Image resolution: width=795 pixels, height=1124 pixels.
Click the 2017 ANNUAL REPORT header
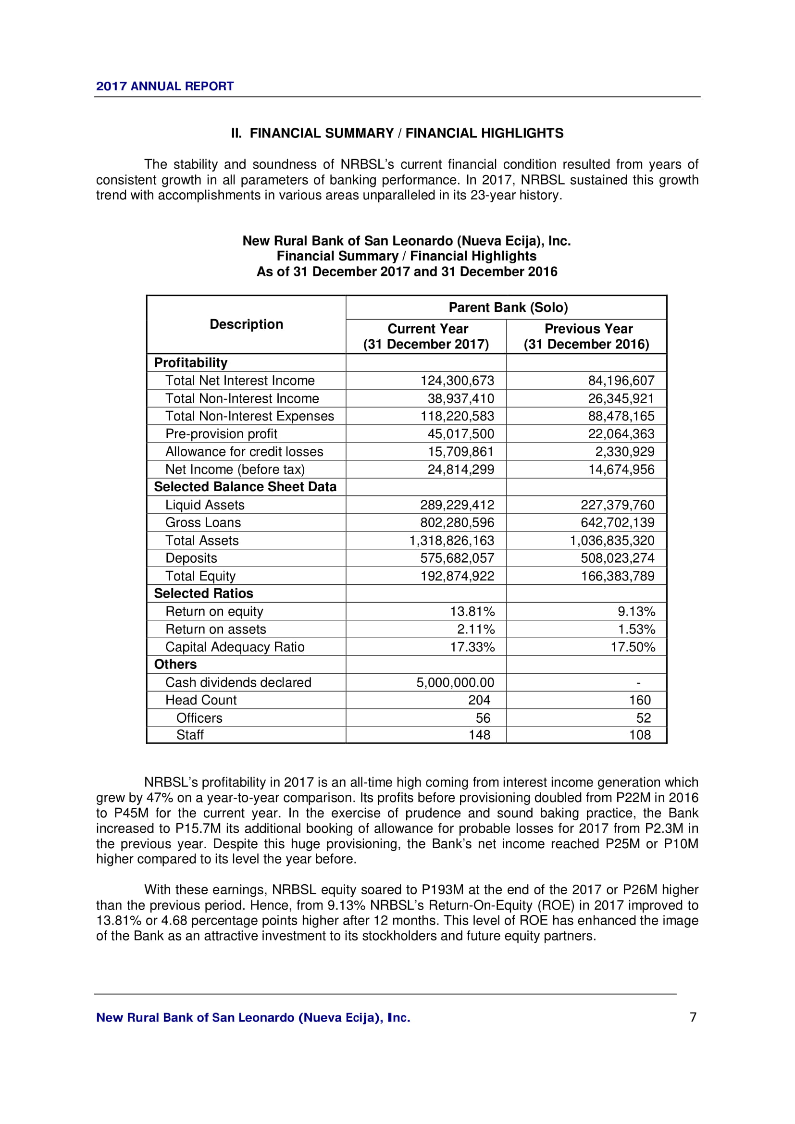pyautogui.click(x=164, y=86)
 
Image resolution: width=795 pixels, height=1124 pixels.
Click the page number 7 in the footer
pyautogui.click(x=693, y=1017)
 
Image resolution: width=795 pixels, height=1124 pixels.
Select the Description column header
pyautogui.click(x=246, y=324)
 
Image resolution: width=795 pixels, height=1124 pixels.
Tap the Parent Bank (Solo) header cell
pyautogui.click(x=508, y=308)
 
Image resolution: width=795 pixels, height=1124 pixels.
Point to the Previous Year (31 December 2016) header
pyautogui.click(x=586, y=336)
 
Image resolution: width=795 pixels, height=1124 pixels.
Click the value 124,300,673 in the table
pyautogui.click(x=457, y=381)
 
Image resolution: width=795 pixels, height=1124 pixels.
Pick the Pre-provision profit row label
pyautogui.click(x=221, y=434)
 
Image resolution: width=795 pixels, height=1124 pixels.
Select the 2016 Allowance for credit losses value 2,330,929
pyautogui.click(x=625, y=451)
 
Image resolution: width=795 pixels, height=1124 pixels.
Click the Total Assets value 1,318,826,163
pyautogui.click(x=451, y=541)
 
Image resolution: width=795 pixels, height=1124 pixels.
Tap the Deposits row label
pyautogui.click(x=191, y=558)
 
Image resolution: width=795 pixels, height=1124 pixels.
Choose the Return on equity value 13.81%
pyautogui.click(x=472, y=611)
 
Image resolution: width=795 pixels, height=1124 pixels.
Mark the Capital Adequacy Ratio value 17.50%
pyautogui.click(x=633, y=647)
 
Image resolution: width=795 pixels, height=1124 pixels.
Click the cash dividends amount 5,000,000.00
pyautogui.click(x=455, y=682)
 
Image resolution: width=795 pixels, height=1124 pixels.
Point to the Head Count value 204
pyautogui.click(x=479, y=700)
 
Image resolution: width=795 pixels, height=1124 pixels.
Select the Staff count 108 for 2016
pyautogui.click(x=640, y=735)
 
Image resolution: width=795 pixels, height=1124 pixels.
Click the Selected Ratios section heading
pyautogui.click(x=204, y=593)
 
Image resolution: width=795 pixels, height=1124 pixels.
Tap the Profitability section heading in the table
pyautogui.click(x=191, y=363)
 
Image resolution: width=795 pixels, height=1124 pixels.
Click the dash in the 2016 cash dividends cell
pyautogui.click(x=638, y=682)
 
